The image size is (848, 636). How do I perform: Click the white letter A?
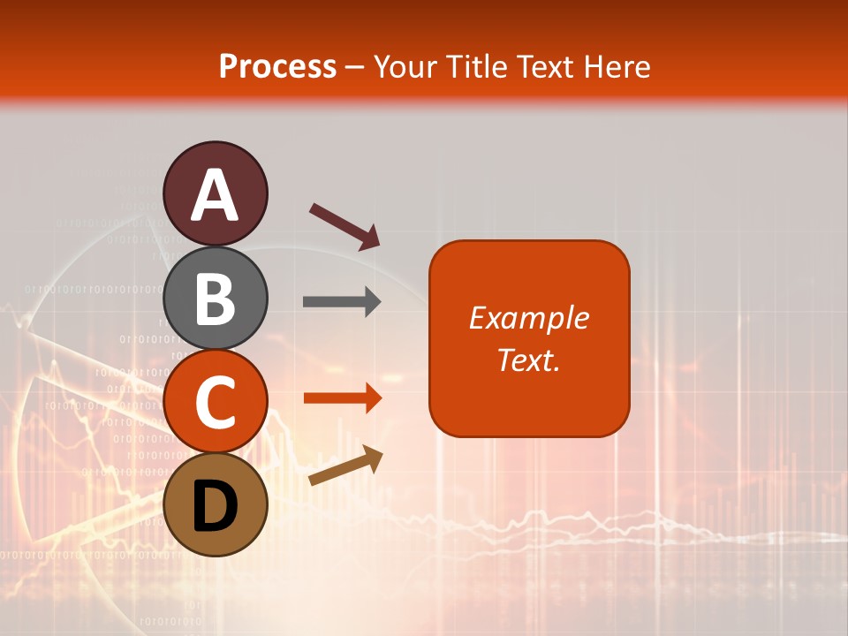(216, 195)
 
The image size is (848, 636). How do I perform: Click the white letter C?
(216, 402)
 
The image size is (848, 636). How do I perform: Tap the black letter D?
(216, 506)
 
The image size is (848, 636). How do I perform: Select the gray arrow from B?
(342, 302)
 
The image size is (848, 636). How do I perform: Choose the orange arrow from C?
(342, 398)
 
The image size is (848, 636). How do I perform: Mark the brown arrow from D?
(345, 466)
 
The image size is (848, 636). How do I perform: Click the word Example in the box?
(529, 318)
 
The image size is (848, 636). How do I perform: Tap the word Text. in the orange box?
(529, 360)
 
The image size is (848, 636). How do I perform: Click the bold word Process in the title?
(277, 66)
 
